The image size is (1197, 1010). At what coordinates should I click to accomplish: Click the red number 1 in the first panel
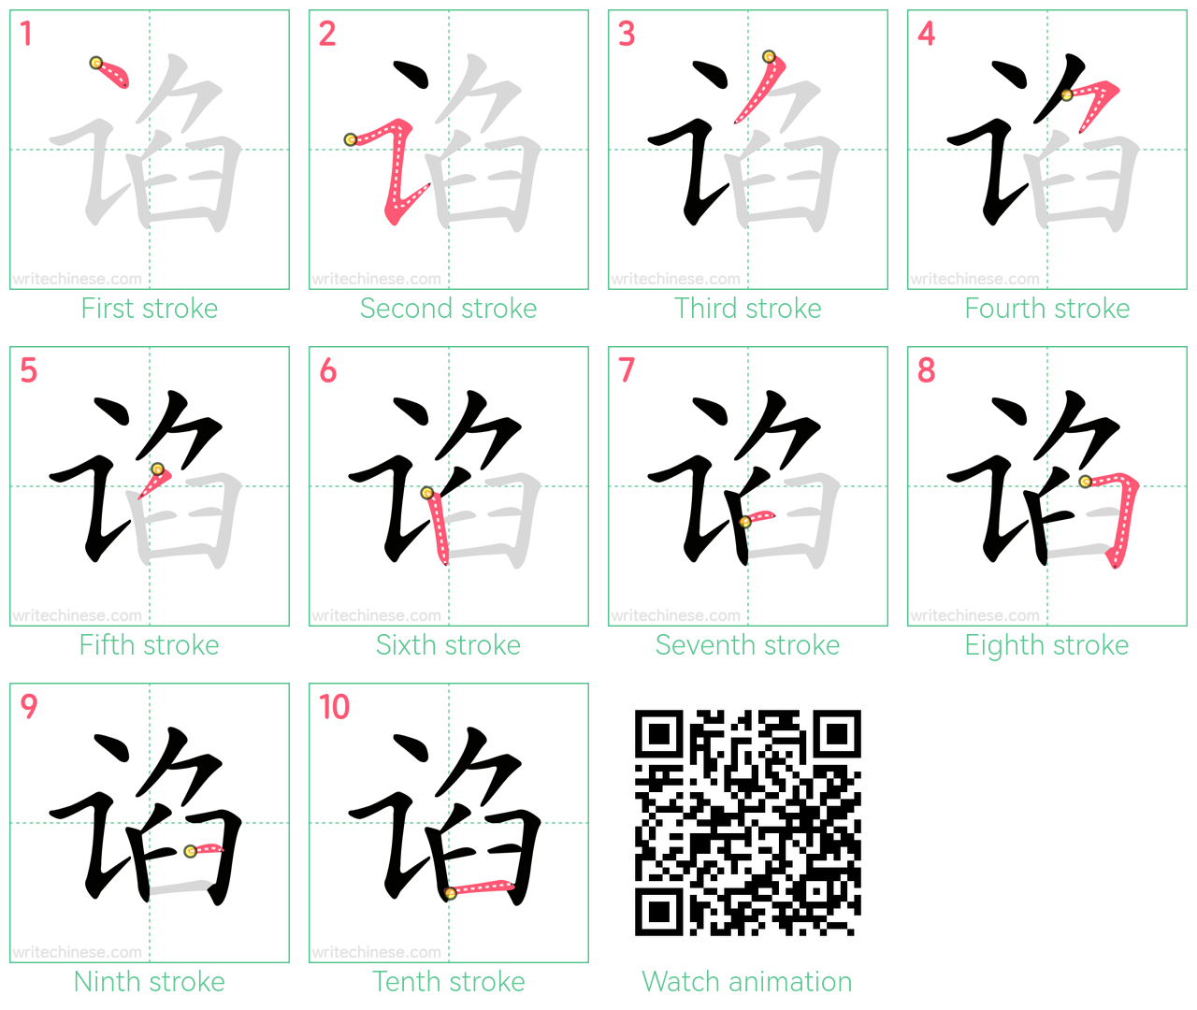click(26, 34)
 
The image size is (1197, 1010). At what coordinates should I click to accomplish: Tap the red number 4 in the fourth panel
click(927, 34)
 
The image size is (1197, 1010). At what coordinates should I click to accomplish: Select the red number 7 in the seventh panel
click(627, 369)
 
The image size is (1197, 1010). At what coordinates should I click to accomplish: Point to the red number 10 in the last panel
click(334, 706)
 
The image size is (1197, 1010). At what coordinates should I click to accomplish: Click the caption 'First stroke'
click(150, 309)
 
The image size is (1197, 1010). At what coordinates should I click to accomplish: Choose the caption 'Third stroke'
click(747, 309)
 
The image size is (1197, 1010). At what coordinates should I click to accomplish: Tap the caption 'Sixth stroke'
click(448, 645)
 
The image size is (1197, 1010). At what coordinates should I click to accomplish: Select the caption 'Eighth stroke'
click(1046, 645)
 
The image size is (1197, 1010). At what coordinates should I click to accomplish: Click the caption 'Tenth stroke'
click(448, 981)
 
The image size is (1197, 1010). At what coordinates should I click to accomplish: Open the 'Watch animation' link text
click(747, 981)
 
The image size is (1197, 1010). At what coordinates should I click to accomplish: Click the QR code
click(747, 823)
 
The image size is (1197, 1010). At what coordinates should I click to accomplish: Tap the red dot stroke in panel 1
click(112, 73)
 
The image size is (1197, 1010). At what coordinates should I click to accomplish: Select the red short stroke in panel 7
click(757, 517)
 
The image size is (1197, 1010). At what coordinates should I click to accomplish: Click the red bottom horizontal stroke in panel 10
click(481, 887)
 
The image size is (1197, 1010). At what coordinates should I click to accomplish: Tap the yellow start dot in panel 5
click(158, 469)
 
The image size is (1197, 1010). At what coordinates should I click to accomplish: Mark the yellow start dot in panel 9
click(191, 851)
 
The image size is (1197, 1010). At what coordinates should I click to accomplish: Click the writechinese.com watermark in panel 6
click(376, 615)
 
